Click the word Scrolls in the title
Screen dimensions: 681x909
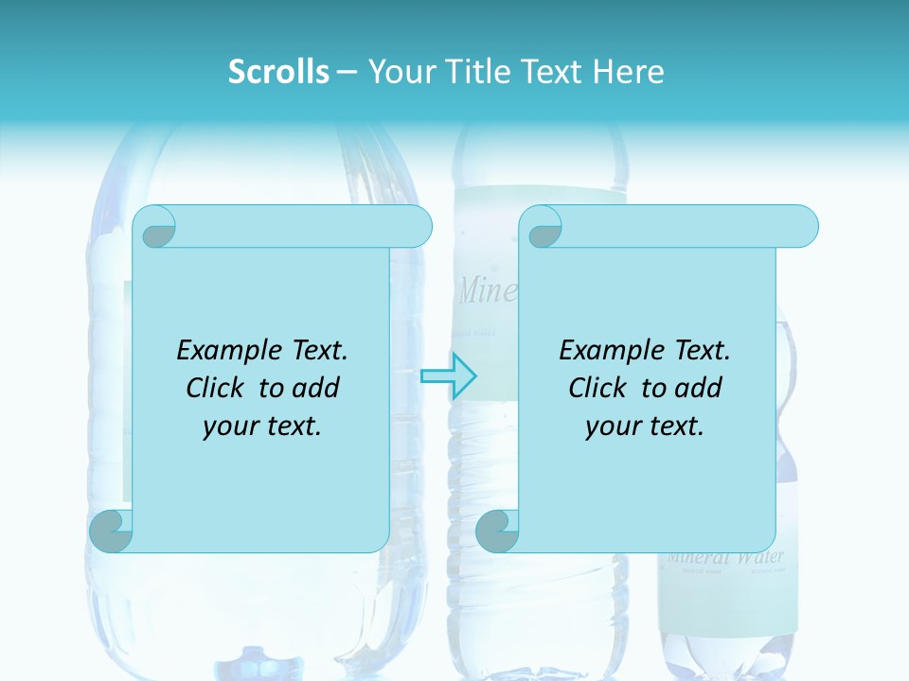click(278, 72)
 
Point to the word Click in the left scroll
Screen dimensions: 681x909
click(220, 388)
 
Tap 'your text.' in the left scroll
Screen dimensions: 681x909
click(262, 427)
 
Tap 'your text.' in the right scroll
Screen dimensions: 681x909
click(645, 427)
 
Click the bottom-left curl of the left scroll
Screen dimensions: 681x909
click(110, 531)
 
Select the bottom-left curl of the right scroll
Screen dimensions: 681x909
click(496, 531)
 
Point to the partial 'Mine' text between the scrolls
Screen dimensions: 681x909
click(487, 291)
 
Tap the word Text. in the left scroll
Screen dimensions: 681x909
click(315, 350)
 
